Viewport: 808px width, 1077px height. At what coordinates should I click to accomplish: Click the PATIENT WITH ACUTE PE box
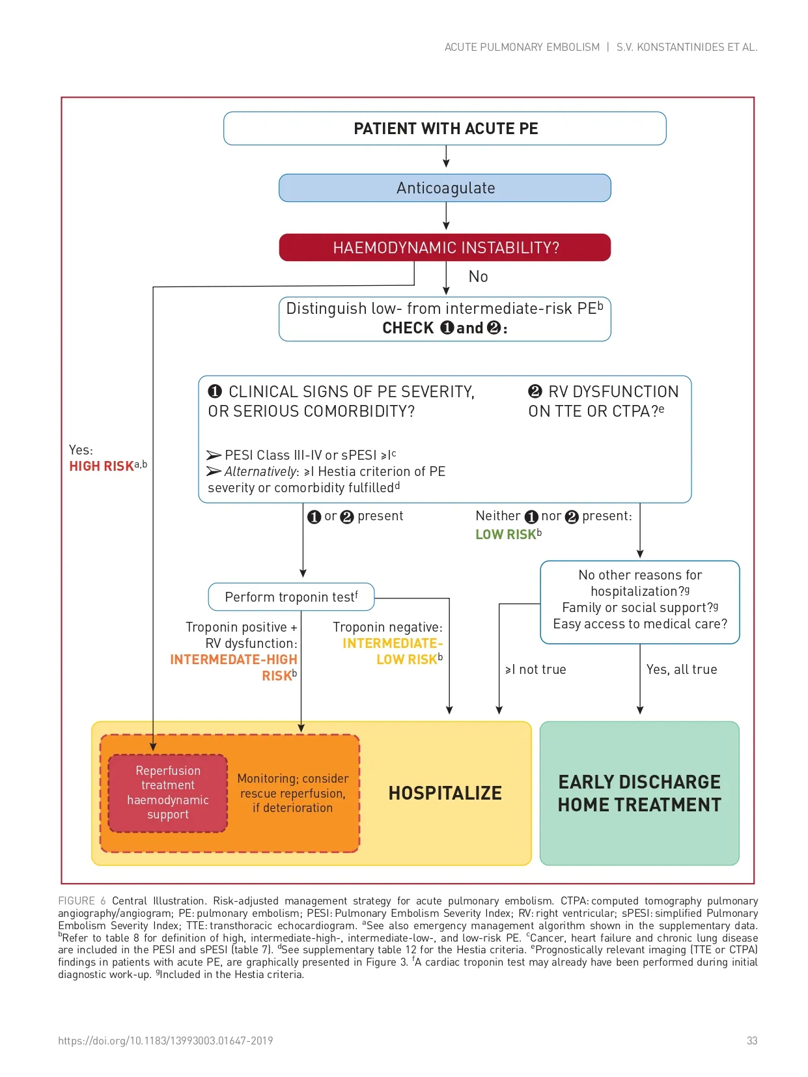[x=445, y=128]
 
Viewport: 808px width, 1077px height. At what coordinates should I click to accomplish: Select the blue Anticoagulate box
[x=445, y=188]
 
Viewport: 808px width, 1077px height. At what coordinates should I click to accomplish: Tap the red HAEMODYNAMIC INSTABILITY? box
[x=445, y=247]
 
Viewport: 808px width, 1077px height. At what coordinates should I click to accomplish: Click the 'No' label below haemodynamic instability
[x=478, y=277]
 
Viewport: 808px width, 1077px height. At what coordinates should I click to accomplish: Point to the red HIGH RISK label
[x=102, y=466]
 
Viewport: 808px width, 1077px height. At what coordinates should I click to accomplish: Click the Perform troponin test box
[x=291, y=597]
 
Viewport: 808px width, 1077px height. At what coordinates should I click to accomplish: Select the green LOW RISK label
[x=506, y=535]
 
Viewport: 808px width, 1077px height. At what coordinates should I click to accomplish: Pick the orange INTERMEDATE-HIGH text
[x=233, y=660]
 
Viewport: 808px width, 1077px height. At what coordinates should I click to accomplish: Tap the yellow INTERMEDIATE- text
[x=392, y=643]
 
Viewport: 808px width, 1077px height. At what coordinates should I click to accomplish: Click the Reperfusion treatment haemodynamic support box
[x=168, y=792]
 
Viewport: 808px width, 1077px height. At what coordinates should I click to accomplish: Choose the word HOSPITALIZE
[x=445, y=793]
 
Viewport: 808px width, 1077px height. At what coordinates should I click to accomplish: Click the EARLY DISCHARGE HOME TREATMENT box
[x=639, y=793]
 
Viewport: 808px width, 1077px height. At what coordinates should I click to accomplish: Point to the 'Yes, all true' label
[x=681, y=669]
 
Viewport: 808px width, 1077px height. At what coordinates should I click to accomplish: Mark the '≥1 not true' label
[x=535, y=669]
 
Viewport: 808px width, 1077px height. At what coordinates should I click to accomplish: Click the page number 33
[x=752, y=1041]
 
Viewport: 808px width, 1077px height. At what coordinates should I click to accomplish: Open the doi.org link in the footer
[x=165, y=1041]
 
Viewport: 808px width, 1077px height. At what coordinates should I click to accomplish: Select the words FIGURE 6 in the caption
[x=81, y=901]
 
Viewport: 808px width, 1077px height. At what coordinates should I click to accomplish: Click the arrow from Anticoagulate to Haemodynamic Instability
[x=446, y=216]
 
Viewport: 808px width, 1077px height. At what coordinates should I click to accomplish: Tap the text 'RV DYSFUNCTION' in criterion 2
[x=613, y=391]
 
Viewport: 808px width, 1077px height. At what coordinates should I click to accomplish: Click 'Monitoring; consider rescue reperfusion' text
[x=292, y=786]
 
